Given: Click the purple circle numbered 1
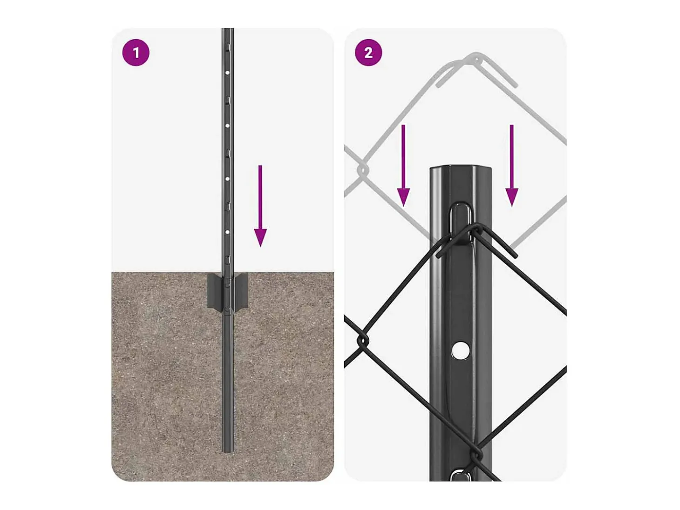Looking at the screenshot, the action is pyautogui.click(x=136, y=53).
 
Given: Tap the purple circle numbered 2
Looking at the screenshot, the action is pyautogui.click(x=368, y=53).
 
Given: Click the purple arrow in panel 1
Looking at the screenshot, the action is pyautogui.click(x=260, y=206).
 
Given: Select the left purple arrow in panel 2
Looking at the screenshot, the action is pyautogui.click(x=403, y=166).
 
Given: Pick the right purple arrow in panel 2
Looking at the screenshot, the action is pyautogui.click(x=512, y=166).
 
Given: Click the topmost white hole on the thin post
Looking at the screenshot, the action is pyautogui.click(x=227, y=73).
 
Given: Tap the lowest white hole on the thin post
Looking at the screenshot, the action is pyautogui.click(x=227, y=232).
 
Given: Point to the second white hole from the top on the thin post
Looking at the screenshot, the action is pyautogui.click(x=227, y=126).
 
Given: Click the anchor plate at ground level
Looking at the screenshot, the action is pyautogui.click(x=228, y=291).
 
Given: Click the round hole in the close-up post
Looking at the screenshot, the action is pyautogui.click(x=460, y=350).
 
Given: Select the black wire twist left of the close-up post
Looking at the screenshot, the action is pyautogui.click(x=363, y=341).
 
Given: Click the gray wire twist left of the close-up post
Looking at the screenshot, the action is pyautogui.click(x=363, y=170).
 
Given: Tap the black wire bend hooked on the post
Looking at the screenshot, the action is pyautogui.click(x=476, y=230).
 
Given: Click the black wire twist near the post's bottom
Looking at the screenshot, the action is pyautogui.click(x=476, y=454).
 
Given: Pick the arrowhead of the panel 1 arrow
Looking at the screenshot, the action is pyautogui.click(x=260, y=238).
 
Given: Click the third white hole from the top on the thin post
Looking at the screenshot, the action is pyautogui.click(x=227, y=179).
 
